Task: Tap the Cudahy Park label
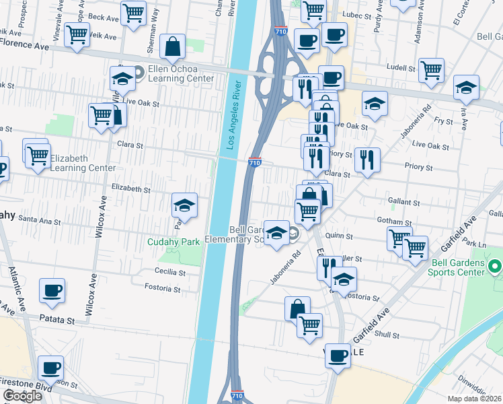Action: click(174, 242)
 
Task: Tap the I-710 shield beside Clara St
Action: click(254, 162)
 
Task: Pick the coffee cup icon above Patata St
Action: click(52, 291)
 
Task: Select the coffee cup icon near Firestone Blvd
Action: click(51, 368)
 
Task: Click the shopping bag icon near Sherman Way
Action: click(173, 46)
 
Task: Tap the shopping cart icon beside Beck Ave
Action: click(134, 11)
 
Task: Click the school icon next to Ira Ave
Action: click(465, 87)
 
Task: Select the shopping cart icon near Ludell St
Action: click(431, 69)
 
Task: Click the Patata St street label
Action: click(55, 319)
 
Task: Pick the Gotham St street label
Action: click(395, 222)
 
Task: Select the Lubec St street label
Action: click(358, 15)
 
